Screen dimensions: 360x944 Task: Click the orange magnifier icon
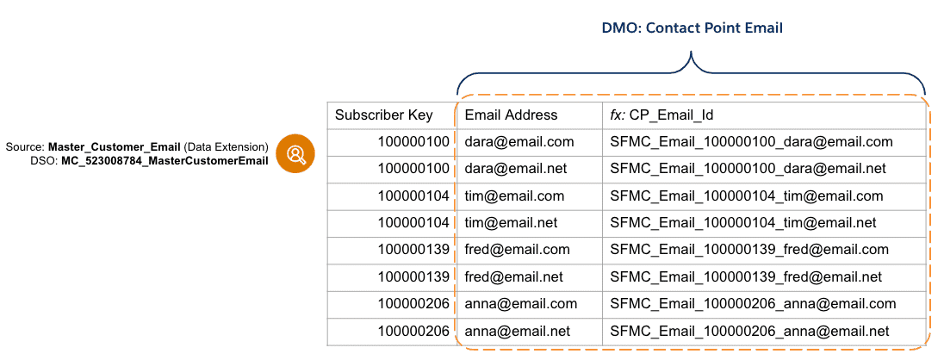tap(295, 154)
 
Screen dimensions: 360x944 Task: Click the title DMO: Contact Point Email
tap(692, 28)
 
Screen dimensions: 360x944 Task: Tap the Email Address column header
tap(511, 115)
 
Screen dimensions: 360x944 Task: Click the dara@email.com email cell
tap(519, 142)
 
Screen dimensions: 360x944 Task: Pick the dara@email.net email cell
tap(518, 169)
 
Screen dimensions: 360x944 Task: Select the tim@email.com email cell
tap(514, 196)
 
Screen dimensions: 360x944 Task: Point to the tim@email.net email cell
tap(512, 223)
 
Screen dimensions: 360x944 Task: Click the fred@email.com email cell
tap(517, 250)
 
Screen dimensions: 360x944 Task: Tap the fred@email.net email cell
tap(514, 277)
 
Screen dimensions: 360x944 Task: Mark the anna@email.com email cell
tap(520, 304)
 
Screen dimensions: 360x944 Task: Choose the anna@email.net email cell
tap(518, 332)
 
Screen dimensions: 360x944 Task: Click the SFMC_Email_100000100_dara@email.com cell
tap(751, 142)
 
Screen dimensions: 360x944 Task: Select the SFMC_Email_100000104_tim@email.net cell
tap(743, 223)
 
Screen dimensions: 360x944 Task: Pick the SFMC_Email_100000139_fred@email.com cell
tap(749, 250)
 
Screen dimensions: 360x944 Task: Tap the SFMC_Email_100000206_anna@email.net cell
tap(749, 332)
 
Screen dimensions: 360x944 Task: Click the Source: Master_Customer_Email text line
tap(137, 147)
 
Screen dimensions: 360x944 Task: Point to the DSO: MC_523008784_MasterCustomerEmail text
tap(149, 161)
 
